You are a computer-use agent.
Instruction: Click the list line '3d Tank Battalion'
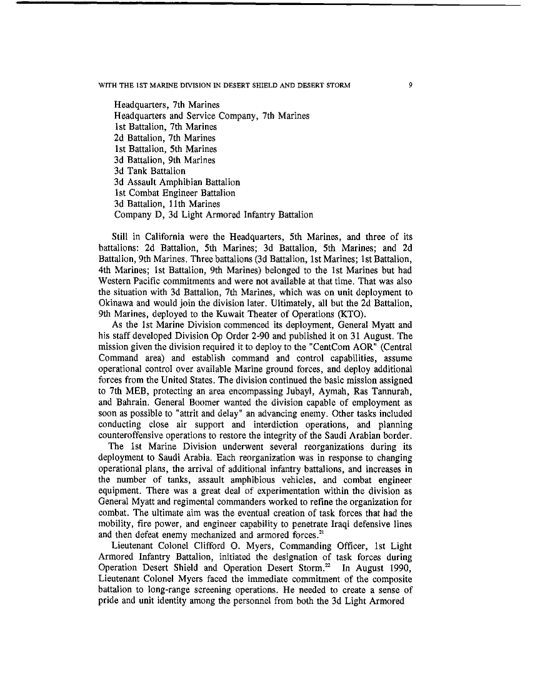(x=149, y=171)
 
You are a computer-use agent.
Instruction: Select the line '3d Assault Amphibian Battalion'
(x=177, y=182)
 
